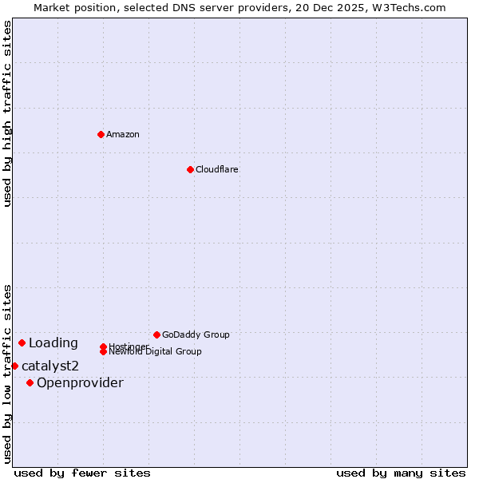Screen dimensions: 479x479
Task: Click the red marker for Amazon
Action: click(101, 134)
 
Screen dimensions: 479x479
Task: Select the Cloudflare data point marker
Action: click(190, 169)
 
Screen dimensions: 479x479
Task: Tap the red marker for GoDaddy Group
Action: click(156, 335)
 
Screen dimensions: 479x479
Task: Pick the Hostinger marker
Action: click(103, 346)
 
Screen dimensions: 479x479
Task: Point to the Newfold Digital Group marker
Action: click(104, 351)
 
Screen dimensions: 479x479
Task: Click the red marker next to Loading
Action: click(22, 342)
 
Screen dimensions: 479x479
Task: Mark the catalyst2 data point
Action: click(14, 366)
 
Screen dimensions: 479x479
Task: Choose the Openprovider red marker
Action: click(30, 382)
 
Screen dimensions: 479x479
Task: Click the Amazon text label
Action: click(123, 134)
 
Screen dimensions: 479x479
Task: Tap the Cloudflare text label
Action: click(217, 169)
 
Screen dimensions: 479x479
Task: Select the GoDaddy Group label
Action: click(196, 335)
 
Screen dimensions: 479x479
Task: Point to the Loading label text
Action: click(53, 343)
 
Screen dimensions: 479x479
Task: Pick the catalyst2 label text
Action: click(50, 366)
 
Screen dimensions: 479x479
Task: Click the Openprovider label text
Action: click(80, 383)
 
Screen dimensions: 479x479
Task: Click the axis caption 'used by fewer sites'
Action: click(82, 473)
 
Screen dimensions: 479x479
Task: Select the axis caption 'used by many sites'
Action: click(401, 473)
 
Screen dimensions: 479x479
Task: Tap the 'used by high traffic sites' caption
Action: click(7, 113)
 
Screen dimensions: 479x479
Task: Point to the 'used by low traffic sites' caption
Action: click(7, 373)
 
